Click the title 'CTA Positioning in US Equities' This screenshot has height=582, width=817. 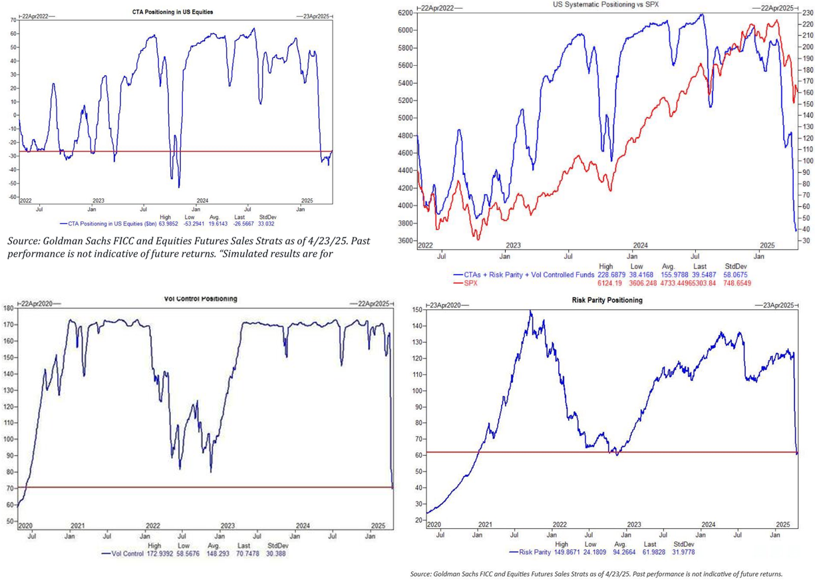(x=172, y=12)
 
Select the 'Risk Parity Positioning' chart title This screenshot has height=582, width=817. (x=607, y=300)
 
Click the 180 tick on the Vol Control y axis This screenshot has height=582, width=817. (x=8, y=309)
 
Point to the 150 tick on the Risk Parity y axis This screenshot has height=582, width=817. (x=416, y=310)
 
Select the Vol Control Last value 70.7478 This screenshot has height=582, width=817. (x=244, y=553)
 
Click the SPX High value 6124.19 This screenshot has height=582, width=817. (x=607, y=283)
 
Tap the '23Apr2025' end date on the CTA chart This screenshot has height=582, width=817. (x=313, y=15)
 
